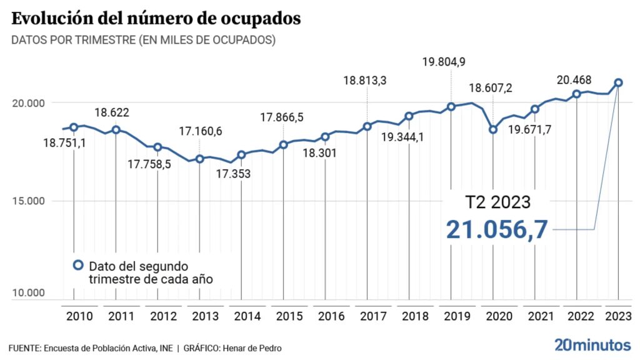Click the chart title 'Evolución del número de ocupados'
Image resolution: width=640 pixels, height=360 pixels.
click(156, 18)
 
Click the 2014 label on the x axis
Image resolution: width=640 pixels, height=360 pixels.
click(248, 316)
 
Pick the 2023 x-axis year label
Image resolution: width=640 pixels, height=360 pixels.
click(619, 316)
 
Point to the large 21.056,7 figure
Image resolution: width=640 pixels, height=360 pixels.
click(497, 229)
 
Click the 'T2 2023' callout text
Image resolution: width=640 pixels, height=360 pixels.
click(497, 203)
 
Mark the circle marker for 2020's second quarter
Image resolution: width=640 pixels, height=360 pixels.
click(493, 129)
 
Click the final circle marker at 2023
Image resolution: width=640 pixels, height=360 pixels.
click(618, 82)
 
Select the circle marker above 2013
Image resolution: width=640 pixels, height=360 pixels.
click(200, 159)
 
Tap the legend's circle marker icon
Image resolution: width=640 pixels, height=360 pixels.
click(78, 265)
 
